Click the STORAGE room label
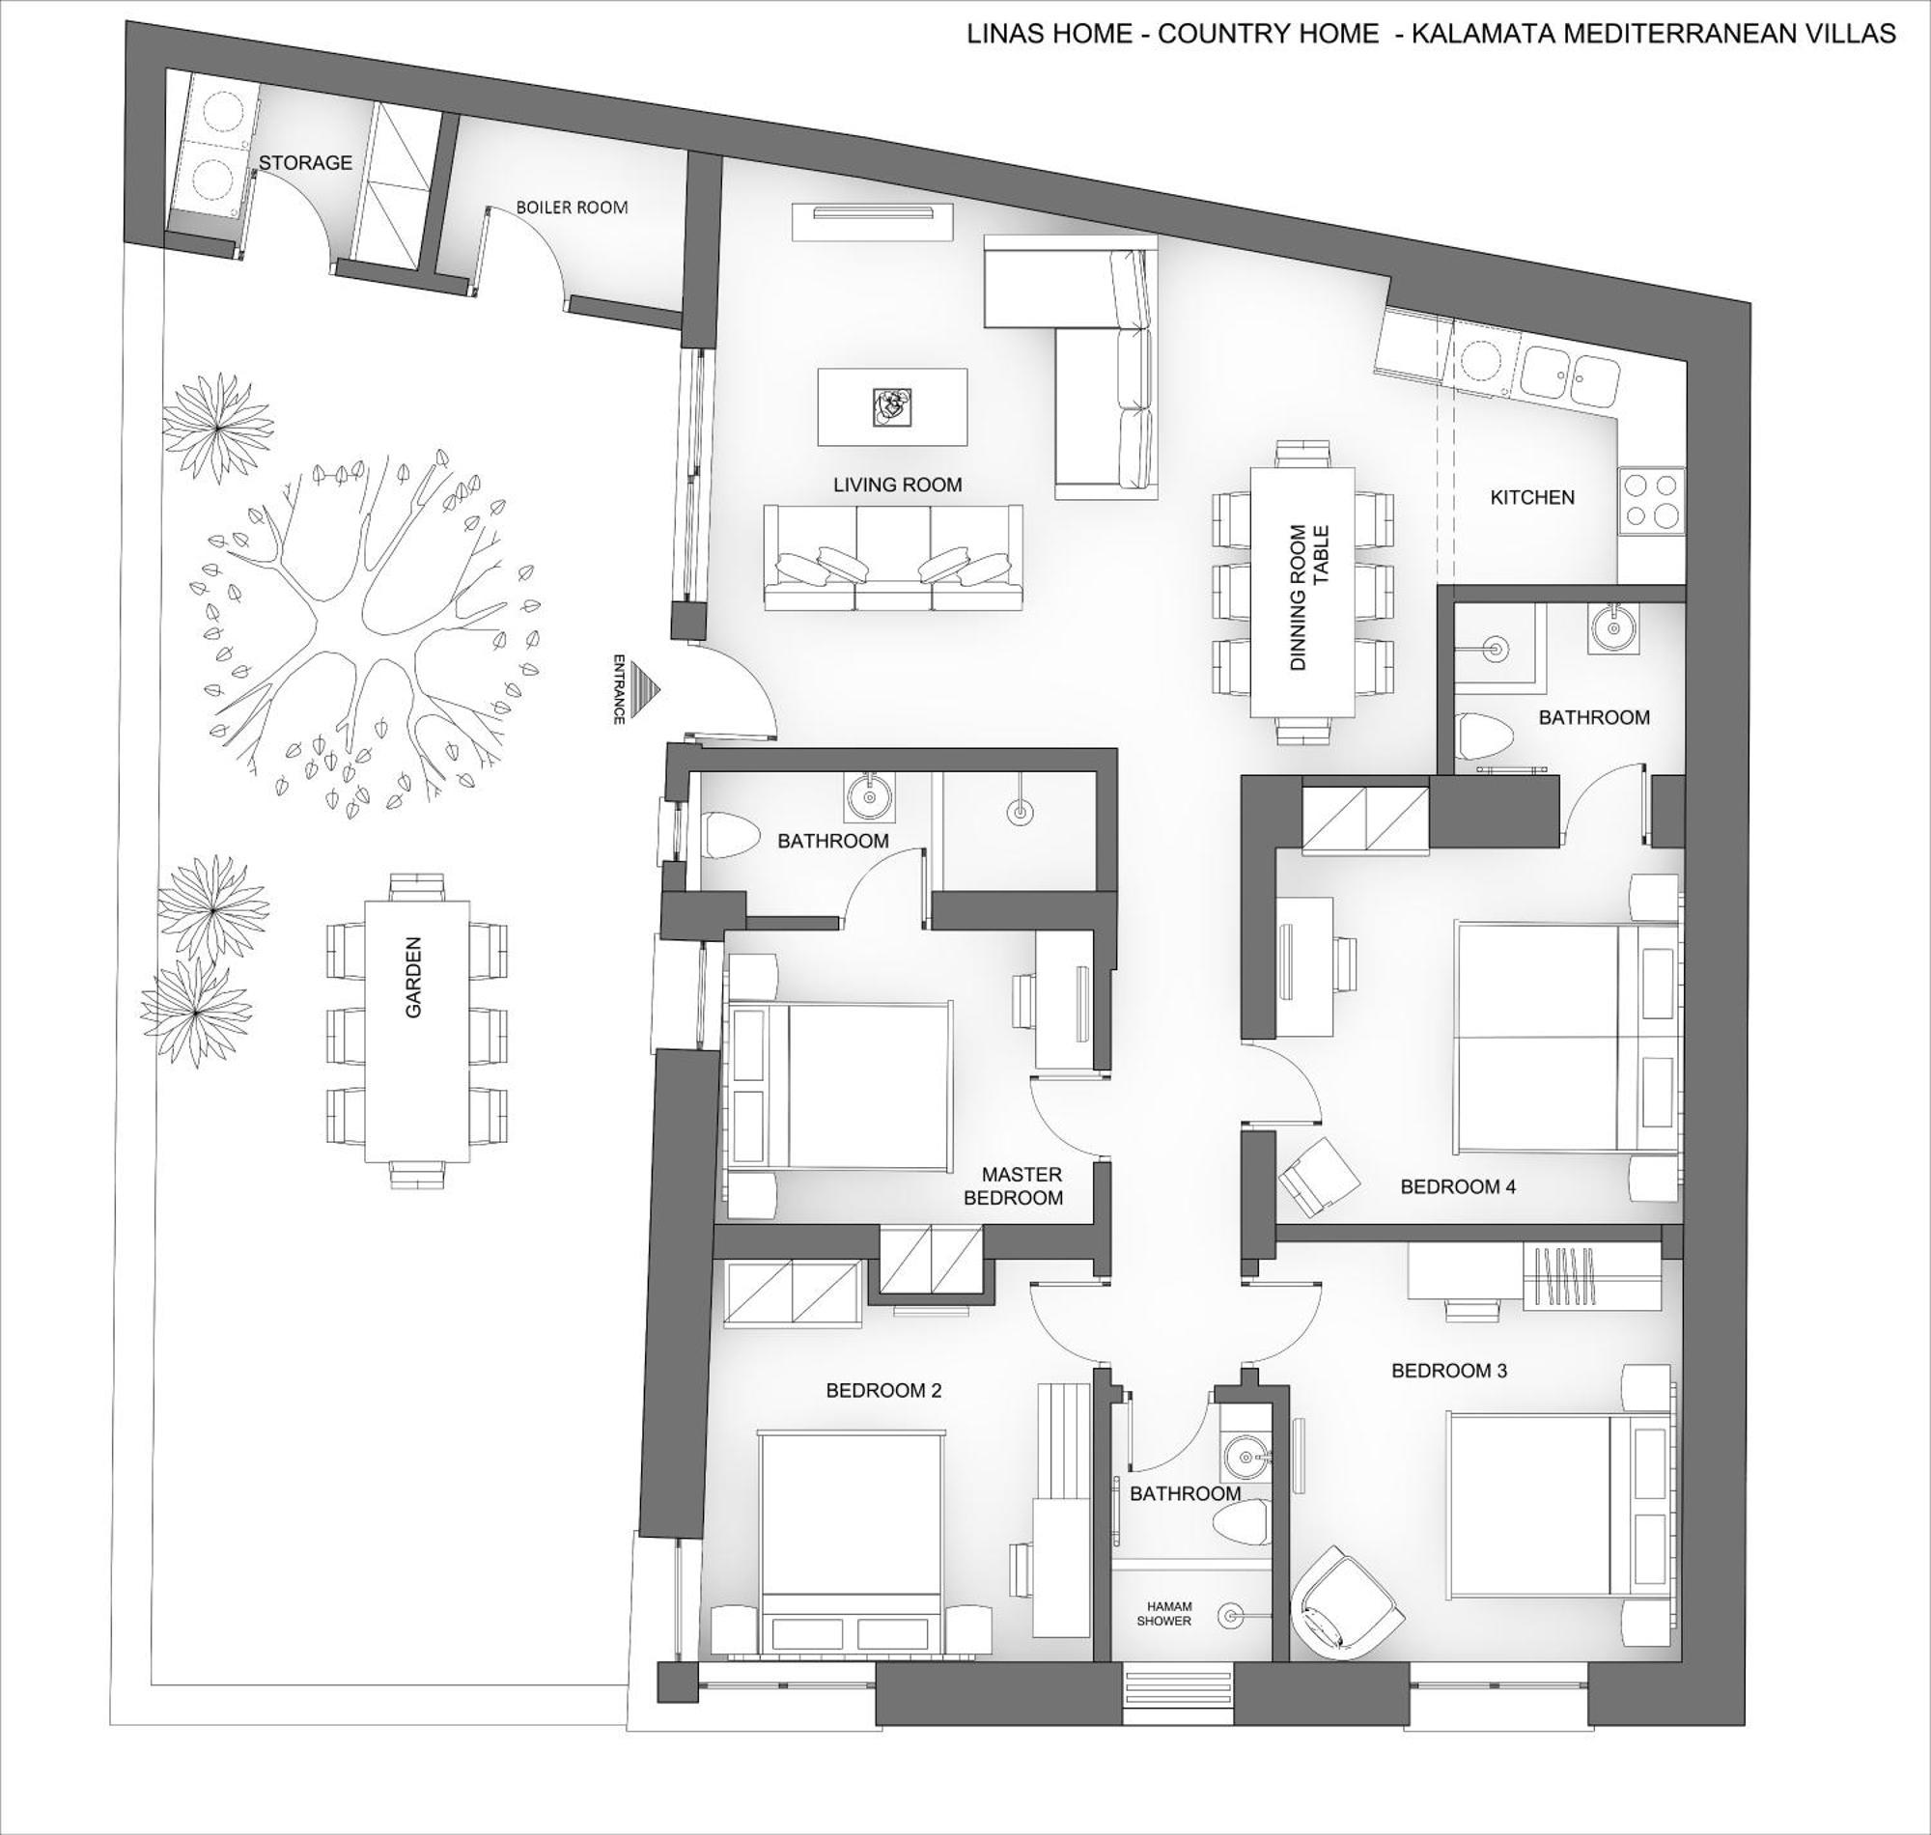pyautogui.click(x=305, y=162)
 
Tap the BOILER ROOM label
pyautogui.click(x=572, y=208)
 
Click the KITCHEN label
pyautogui.click(x=1532, y=497)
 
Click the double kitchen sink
pyautogui.click(x=1569, y=375)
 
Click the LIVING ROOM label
pyautogui.click(x=897, y=485)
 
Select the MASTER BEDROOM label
pyautogui.click(x=1021, y=1185)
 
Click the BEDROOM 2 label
pyautogui.click(x=883, y=1390)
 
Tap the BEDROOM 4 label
pyautogui.click(x=1458, y=1186)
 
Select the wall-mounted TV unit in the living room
pyautogui.click(x=872, y=222)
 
